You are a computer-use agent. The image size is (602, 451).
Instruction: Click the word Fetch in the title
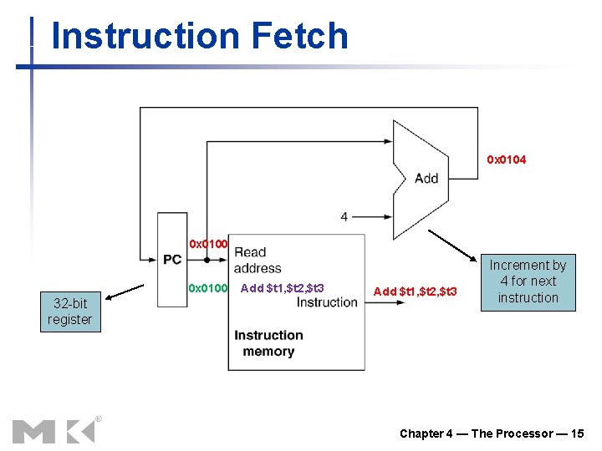298,36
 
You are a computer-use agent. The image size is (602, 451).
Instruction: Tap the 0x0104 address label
507,160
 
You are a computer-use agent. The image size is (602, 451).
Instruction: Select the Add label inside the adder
426,178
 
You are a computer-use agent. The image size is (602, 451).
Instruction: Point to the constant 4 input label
344,216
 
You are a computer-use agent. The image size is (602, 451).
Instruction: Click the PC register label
172,260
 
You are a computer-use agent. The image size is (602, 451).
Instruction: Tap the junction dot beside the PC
206,260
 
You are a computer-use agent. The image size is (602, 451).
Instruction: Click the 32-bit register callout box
69,312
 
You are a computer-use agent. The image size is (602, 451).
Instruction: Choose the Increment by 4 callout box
528,281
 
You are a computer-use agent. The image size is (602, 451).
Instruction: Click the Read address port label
257,260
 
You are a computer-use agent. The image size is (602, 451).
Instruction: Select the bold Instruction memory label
268,343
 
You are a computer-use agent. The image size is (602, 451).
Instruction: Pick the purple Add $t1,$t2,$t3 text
282,289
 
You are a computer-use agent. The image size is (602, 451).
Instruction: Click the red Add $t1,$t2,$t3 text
416,291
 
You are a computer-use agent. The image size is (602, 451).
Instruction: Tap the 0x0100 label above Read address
208,244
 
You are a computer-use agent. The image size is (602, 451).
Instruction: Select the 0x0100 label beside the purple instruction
208,289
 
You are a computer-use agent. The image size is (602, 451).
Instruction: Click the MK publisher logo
53,430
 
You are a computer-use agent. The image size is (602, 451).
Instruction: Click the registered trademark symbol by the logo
98,418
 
